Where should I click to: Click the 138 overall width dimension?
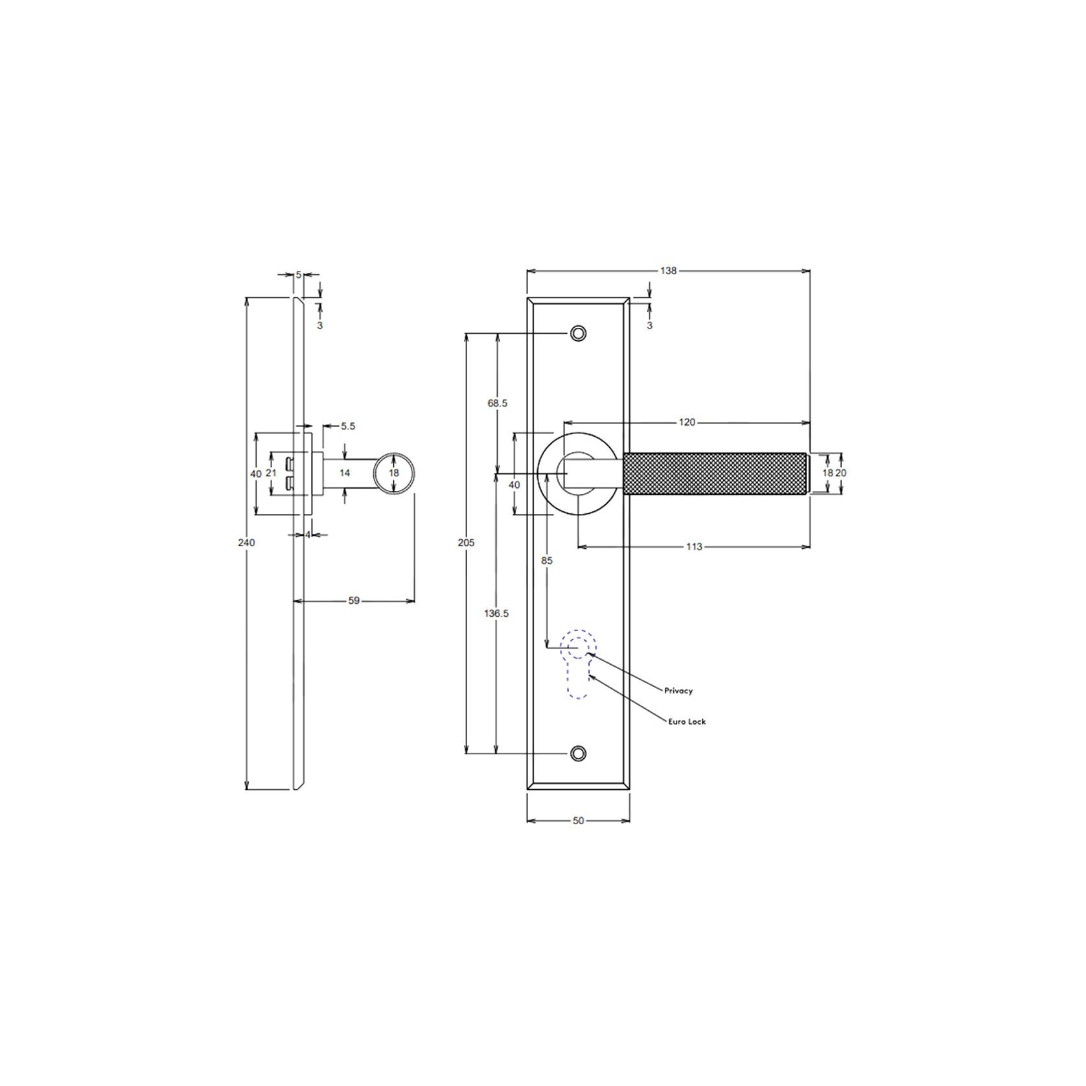[668, 271]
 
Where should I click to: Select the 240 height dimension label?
[246, 542]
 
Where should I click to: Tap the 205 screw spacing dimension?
[466, 542]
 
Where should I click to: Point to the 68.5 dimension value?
[497, 403]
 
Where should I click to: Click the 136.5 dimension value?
[496, 613]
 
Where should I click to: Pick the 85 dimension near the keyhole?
[547, 560]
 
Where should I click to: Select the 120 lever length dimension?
[687, 422]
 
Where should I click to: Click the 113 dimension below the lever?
[694, 547]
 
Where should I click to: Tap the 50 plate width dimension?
[578, 820]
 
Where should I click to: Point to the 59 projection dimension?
[354, 601]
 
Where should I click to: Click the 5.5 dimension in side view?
[348, 426]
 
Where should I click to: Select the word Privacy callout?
[678, 691]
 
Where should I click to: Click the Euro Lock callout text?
[687, 721]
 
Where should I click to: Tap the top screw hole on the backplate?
[578, 333]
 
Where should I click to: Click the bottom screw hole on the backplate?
[578, 753]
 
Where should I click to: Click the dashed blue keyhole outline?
[578, 667]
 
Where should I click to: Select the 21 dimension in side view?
[271, 473]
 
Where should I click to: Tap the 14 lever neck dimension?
[345, 473]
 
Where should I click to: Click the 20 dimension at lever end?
[841, 473]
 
